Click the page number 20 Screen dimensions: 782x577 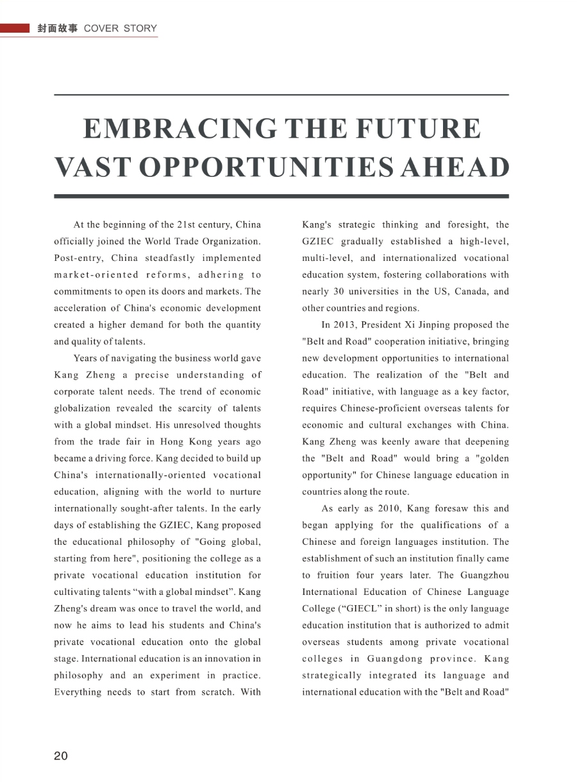click(x=61, y=756)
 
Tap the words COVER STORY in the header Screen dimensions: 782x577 click(x=121, y=29)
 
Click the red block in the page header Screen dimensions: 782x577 click(x=15, y=29)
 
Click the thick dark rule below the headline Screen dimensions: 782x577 click(x=281, y=196)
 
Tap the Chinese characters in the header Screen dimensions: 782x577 click(x=58, y=29)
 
